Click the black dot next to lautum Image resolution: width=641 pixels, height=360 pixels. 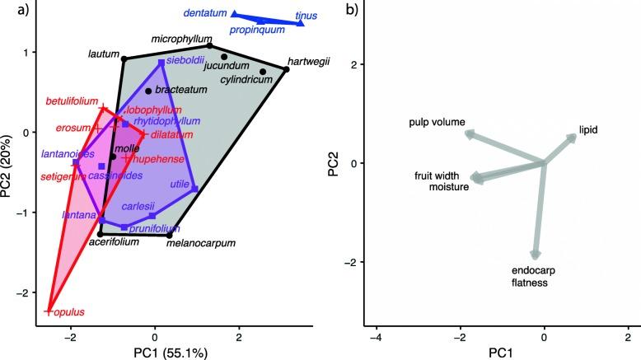(x=124, y=58)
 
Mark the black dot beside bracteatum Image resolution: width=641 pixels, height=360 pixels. (x=148, y=91)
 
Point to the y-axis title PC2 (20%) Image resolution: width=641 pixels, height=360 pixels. (x=10, y=164)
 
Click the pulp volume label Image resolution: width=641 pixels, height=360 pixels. (x=436, y=123)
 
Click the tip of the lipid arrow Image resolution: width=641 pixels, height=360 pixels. (x=576, y=136)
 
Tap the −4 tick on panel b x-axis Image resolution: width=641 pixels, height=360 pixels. (x=375, y=337)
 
